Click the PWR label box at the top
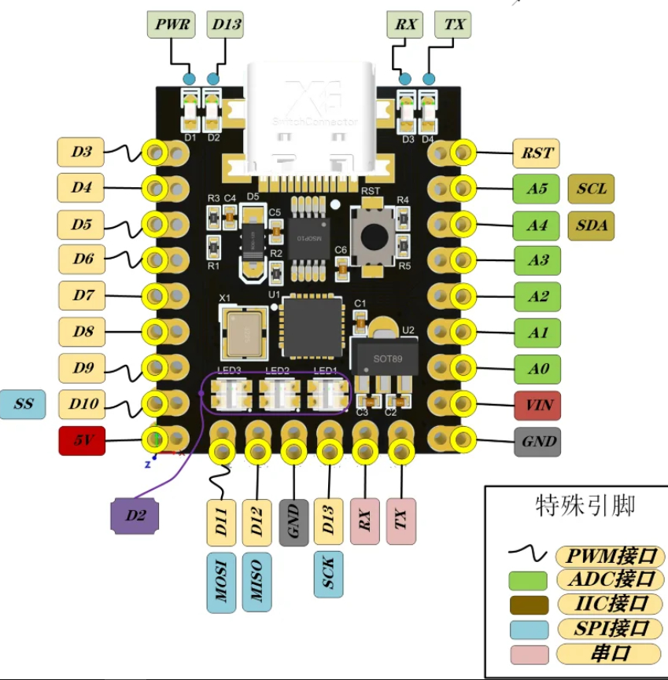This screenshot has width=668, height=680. (x=170, y=24)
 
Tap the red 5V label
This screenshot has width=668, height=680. (x=82, y=441)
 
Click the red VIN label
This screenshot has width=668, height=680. (x=537, y=406)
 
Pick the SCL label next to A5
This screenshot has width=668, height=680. (x=591, y=189)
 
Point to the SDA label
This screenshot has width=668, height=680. (x=591, y=226)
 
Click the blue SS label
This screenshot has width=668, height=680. (x=24, y=404)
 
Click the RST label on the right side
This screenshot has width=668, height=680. (x=537, y=153)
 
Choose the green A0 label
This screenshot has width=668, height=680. (x=537, y=369)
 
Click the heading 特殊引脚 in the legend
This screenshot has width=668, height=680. (x=584, y=504)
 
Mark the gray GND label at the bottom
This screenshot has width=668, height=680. (x=294, y=520)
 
